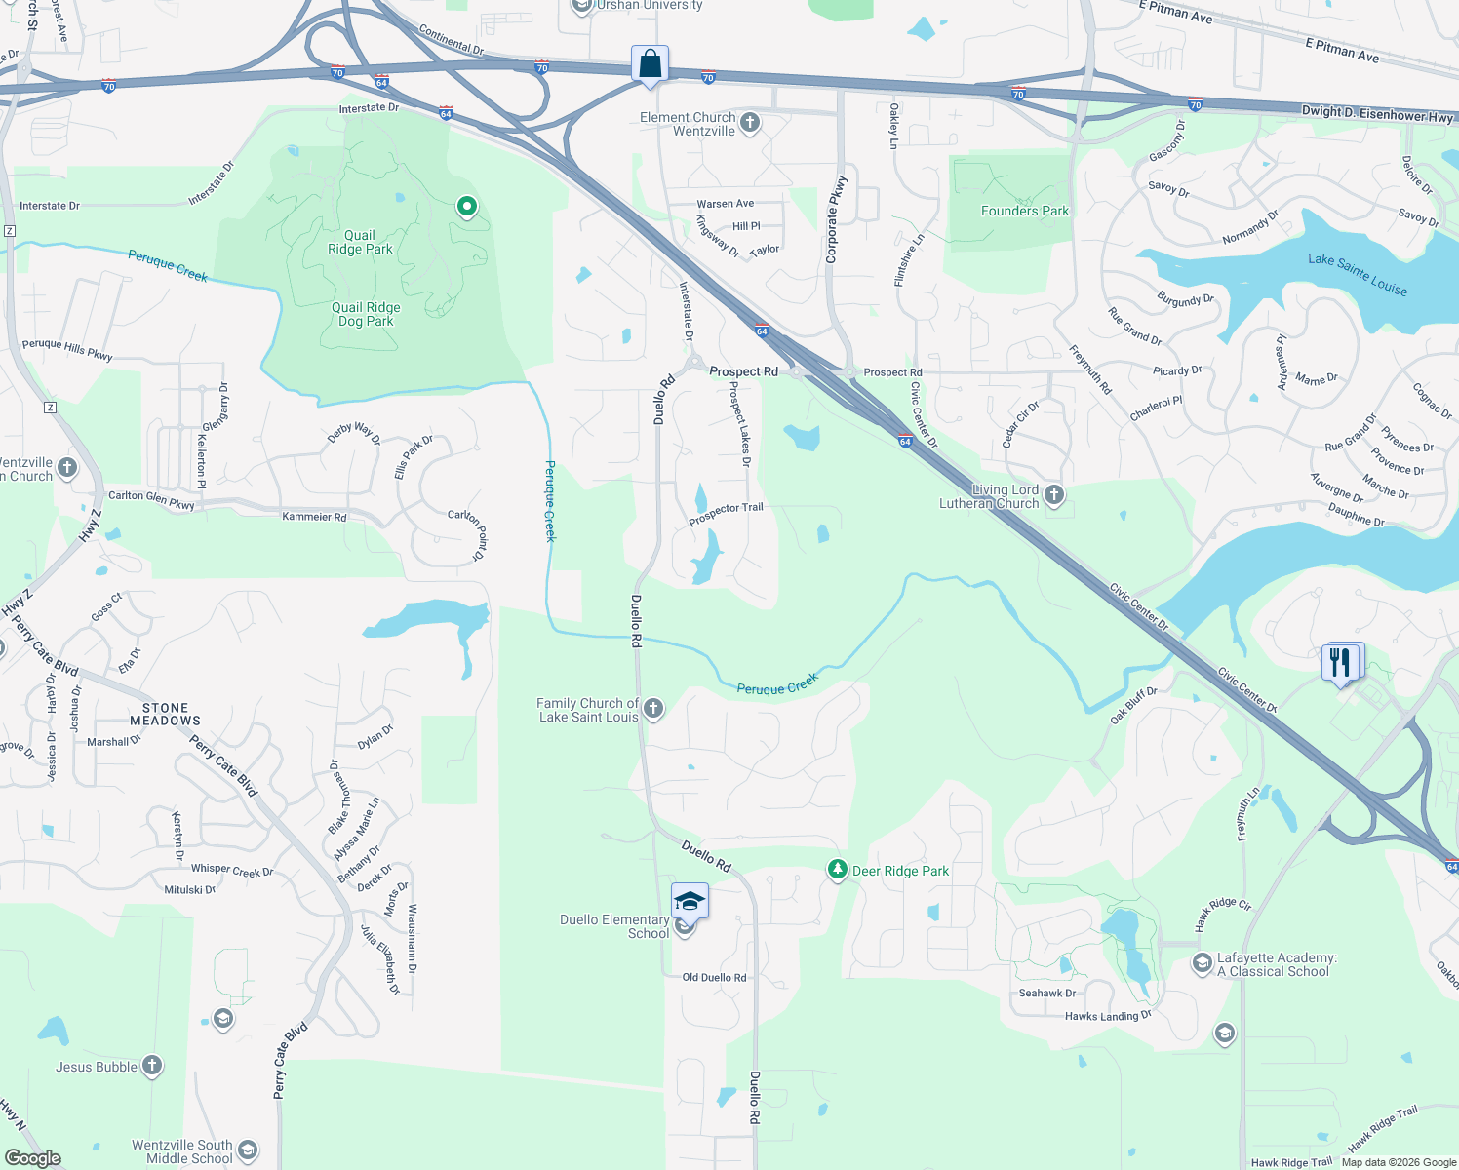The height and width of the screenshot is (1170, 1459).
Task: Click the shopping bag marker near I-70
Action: click(650, 65)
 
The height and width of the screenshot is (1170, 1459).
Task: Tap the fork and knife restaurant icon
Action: click(1341, 663)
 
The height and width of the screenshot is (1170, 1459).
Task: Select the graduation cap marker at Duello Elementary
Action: click(690, 902)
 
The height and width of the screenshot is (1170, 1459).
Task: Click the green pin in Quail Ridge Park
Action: click(467, 206)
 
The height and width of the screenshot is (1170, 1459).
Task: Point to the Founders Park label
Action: click(1025, 211)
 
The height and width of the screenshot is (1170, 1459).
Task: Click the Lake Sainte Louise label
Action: click(1358, 273)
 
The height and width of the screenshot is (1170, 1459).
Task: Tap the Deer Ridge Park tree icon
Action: click(837, 870)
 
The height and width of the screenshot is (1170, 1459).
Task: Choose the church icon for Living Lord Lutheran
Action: click(1054, 495)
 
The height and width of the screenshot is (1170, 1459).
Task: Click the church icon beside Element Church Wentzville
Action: click(750, 123)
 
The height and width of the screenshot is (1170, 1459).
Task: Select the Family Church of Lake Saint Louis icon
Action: click(653, 709)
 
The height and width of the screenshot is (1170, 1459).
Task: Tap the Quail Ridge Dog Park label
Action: click(366, 314)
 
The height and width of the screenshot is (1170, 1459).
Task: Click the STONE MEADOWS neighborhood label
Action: click(165, 714)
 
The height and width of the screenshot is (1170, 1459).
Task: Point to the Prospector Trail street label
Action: click(726, 513)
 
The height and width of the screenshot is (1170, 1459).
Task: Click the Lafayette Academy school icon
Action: click(1203, 963)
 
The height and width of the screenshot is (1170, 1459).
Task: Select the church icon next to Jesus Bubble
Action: click(152, 1066)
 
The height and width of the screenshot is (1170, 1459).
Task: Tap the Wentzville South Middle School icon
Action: click(248, 1150)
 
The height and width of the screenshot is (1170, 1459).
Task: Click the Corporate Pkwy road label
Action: click(834, 219)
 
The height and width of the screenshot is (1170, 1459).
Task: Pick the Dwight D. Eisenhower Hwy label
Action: click(1377, 114)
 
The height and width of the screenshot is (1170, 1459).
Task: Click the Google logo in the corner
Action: click(32, 1157)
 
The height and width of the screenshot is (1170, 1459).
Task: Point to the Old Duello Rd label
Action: click(714, 977)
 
